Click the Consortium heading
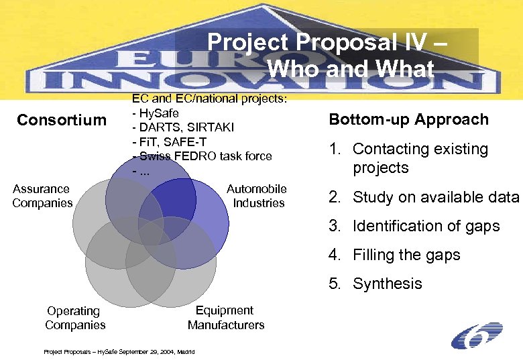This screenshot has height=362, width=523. [x=62, y=120]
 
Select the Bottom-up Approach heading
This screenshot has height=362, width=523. [x=408, y=119]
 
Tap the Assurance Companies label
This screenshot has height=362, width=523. [x=42, y=196]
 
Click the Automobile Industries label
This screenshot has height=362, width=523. [x=257, y=196]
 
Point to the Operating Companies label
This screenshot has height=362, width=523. [x=74, y=318]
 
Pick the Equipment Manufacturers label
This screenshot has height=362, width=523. [x=225, y=317]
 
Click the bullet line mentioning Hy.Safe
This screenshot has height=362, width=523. [x=156, y=113]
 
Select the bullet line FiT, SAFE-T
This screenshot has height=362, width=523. [x=170, y=141]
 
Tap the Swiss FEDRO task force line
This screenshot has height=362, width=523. [x=202, y=156]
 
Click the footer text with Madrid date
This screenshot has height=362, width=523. [x=119, y=351]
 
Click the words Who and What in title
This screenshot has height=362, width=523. [x=350, y=68]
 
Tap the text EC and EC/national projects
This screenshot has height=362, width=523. [x=209, y=99]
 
